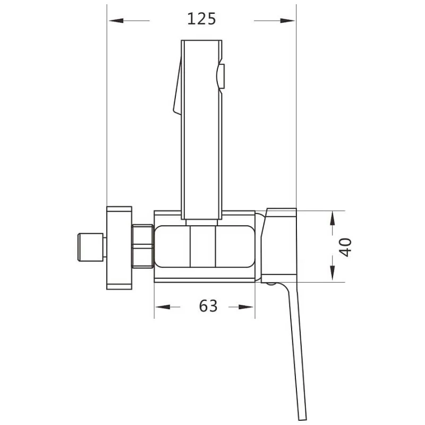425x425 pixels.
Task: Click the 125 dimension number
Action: pyautogui.click(x=202, y=19)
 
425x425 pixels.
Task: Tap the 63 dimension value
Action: pyautogui.click(x=208, y=306)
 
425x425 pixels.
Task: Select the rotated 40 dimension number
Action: pyautogui.click(x=346, y=247)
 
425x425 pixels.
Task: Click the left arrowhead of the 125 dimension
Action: pyautogui.click(x=116, y=21)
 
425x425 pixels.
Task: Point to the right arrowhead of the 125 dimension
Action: pyautogui.click(x=287, y=21)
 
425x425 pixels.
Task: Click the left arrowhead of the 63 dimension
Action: pyautogui.click(x=163, y=307)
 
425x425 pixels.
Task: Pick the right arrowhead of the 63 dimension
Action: pyautogui.click(x=246, y=307)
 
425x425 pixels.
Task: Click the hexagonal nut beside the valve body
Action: pyautogui.click(x=142, y=246)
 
